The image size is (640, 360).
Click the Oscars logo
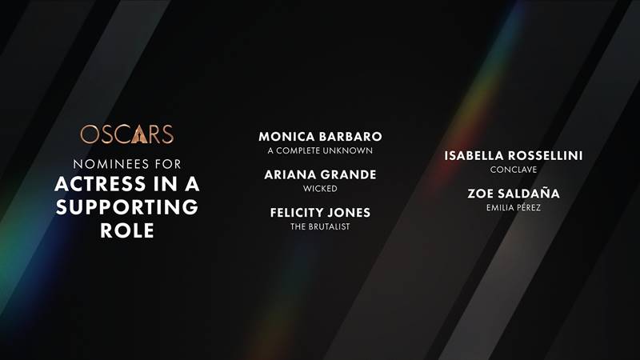tap(127, 134)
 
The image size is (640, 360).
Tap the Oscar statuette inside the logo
tap(139, 134)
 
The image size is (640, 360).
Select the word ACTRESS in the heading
tap(100, 184)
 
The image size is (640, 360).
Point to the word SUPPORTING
tap(127, 207)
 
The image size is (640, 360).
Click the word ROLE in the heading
tap(127, 230)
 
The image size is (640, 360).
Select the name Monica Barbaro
tap(321, 136)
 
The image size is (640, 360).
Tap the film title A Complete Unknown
tap(321, 150)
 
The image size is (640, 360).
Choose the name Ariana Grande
tap(321, 174)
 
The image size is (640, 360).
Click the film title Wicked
tap(321, 189)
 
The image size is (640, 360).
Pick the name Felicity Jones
tap(321, 213)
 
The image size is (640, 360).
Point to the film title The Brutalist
tap(321, 226)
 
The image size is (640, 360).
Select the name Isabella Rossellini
tap(514, 155)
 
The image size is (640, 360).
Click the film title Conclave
tap(514, 170)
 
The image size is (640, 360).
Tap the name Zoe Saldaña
tap(514, 193)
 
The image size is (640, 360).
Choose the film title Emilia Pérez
tap(514, 207)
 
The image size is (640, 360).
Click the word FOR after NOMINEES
tap(168, 164)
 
